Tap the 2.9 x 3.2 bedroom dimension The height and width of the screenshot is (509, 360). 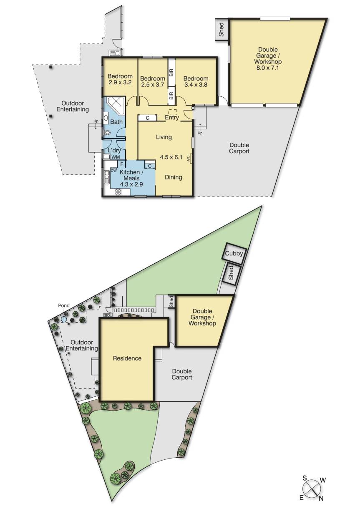(x=120, y=82)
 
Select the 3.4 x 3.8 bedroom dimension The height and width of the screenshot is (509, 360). (x=196, y=85)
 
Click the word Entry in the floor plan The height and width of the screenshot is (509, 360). (x=172, y=118)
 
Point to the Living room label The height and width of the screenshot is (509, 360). (x=164, y=137)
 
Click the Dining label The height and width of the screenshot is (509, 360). (x=173, y=177)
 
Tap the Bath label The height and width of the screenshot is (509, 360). (x=116, y=122)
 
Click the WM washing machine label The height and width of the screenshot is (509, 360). (x=116, y=157)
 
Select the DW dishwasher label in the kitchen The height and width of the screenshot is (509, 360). (x=114, y=170)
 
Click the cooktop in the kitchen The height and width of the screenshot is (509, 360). (x=118, y=192)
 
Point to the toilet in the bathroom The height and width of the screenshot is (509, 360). (x=107, y=134)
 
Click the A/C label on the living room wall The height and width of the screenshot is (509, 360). (x=189, y=159)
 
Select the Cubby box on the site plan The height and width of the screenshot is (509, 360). (x=234, y=253)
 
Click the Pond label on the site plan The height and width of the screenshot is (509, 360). (x=64, y=306)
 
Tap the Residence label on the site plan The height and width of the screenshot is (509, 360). (x=127, y=358)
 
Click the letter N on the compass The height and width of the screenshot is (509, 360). (x=321, y=498)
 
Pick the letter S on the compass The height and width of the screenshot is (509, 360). (x=305, y=479)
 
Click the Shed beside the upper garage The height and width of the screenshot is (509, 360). (x=222, y=29)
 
